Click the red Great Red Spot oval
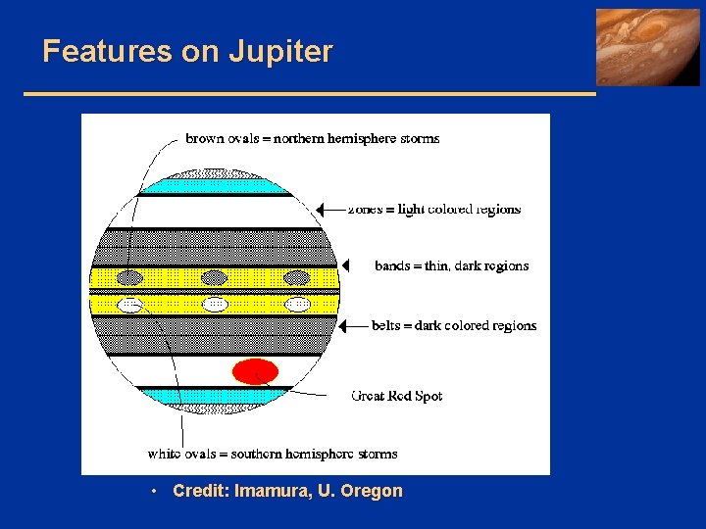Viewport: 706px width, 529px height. tap(255, 371)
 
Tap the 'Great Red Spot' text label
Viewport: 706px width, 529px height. tap(396, 396)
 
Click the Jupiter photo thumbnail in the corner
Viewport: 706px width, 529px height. tap(648, 47)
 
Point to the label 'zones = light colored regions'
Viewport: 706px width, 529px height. tap(434, 209)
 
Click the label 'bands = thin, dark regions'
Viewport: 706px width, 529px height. tap(451, 265)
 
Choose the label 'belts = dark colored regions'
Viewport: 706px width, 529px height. tap(454, 325)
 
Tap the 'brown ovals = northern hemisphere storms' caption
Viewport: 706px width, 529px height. tap(313, 138)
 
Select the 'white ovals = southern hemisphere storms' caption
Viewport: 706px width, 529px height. tap(273, 454)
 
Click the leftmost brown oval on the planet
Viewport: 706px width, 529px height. tap(131, 278)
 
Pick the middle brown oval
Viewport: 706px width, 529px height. tap(214, 278)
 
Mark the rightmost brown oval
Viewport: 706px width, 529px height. tap(296, 278)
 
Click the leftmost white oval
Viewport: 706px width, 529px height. tap(131, 305)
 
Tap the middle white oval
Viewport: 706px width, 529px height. tap(214, 305)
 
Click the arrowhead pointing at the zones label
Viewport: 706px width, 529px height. tap(321, 209)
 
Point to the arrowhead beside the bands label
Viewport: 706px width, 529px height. tap(344, 265)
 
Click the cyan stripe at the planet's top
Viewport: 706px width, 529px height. tap(211, 185)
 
